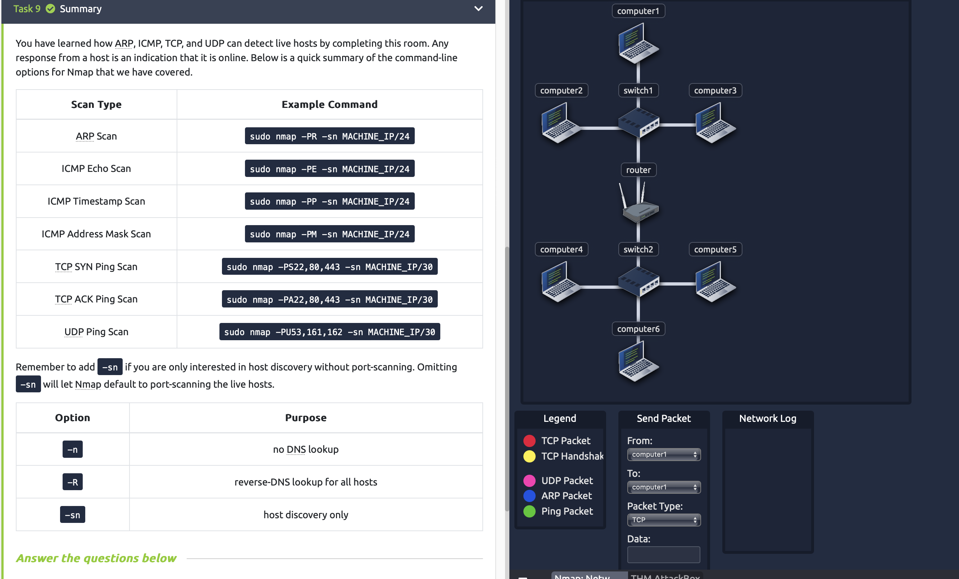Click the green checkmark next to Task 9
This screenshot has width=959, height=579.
pos(51,9)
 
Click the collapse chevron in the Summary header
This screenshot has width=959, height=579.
pos(478,9)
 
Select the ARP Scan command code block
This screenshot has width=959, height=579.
pos(329,136)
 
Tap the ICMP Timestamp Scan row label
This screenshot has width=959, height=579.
pos(96,201)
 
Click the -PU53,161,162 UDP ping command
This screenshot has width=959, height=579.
pos(329,332)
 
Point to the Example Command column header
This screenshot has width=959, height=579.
pos(329,104)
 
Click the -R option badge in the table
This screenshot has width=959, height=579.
pos(72,482)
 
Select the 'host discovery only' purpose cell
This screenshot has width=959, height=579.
pos(305,515)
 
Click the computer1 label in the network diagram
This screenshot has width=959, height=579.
pos(638,11)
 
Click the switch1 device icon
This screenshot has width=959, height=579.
pos(638,123)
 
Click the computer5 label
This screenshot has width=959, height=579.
pos(715,250)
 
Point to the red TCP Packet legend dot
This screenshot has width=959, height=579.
pos(529,441)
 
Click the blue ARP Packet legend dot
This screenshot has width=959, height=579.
pos(529,496)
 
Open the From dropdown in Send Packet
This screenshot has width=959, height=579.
pos(664,455)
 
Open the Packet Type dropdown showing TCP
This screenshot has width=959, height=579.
pos(664,520)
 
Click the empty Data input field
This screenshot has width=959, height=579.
pos(664,555)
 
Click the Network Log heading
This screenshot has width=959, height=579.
pos(768,418)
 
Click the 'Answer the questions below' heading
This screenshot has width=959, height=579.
pos(96,558)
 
